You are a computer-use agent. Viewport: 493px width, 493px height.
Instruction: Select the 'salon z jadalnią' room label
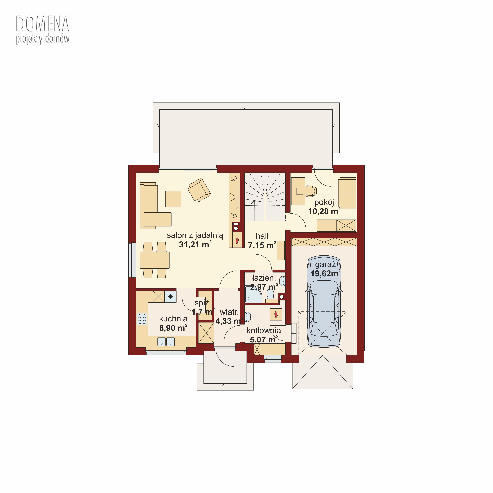pyautogui.click(x=195, y=235)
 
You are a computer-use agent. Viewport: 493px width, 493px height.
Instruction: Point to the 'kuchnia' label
pyautogui.click(x=173, y=318)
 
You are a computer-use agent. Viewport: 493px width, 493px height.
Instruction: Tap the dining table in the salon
pyautogui.click(x=155, y=260)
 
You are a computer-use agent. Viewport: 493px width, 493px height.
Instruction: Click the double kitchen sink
pyautogui.click(x=166, y=342)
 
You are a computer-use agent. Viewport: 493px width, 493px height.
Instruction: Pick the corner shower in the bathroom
pyautogui.click(x=253, y=294)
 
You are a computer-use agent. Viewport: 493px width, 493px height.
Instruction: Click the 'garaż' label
pyautogui.click(x=325, y=264)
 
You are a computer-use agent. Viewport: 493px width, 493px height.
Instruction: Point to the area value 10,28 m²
pyautogui.click(x=324, y=211)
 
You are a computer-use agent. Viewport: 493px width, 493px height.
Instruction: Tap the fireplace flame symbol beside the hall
pyautogui.click(x=237, y=240)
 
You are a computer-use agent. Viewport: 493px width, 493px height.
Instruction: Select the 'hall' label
pyautogui.click(x=262, y=236)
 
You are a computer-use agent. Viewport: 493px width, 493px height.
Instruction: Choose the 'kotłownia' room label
pyautogui.click(x=264, y=330)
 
